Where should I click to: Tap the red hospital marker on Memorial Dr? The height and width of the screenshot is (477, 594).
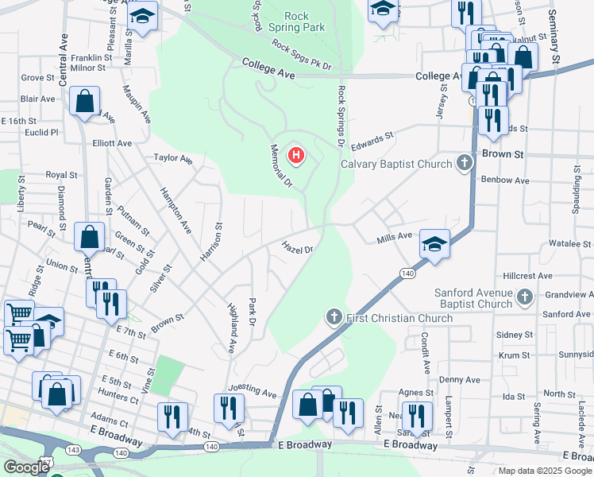coord(296,154)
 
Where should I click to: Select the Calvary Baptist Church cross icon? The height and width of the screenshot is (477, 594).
coord(465,164)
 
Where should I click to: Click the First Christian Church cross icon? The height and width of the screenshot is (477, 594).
coord(334,318)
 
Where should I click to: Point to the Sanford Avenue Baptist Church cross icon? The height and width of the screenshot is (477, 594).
coord(524,297)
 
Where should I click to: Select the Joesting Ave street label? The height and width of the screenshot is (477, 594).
coord(252,392)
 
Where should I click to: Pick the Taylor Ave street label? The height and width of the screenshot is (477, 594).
coord(173,158)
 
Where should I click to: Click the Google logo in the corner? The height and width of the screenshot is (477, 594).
coord(26,468)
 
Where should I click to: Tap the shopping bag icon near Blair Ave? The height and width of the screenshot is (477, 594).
coord(85,102)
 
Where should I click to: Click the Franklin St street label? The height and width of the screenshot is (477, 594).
coord(91,57)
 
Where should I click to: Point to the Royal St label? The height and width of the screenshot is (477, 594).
coord(61,175)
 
